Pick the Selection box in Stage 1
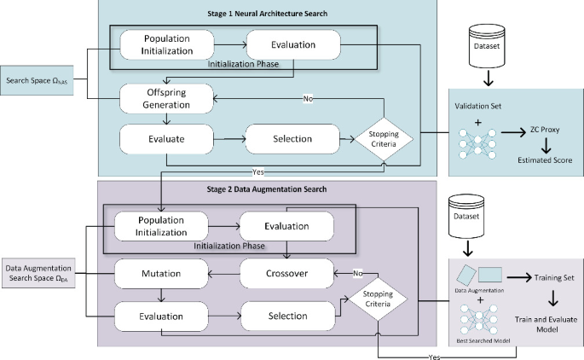(x=292, y=137)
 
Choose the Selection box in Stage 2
(x=287, y=316)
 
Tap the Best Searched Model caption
(x=483, y=339)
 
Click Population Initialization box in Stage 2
(x=161, y=225)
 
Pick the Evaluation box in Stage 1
(x=292, y=44)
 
